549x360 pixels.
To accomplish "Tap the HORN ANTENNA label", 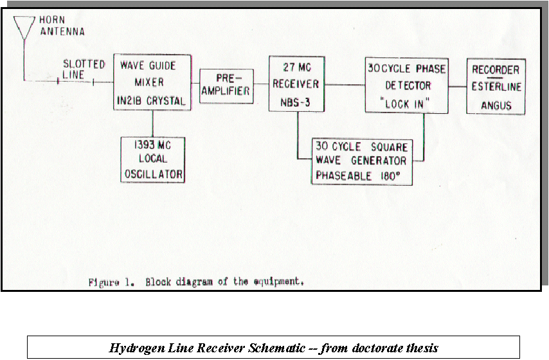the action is click(x=62, y=26).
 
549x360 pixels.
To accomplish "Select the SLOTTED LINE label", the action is click(x=84, y=69).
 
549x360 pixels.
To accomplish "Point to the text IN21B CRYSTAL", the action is click(x=151, y=101).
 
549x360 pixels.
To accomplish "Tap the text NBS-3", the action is click(x=295, y=102).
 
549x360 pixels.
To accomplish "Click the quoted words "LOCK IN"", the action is click(x=405, y=104).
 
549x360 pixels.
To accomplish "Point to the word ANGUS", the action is click(x=496, y=105).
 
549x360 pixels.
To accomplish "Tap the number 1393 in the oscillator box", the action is click(x=144, y=145).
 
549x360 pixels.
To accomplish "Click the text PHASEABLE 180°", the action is click(x=358, y=175).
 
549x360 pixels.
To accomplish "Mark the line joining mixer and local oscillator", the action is click(x=152, y=123).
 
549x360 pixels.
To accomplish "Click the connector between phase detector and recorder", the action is click(x=458, y=86).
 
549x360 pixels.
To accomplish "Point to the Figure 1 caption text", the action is click(x=196, y=282).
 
